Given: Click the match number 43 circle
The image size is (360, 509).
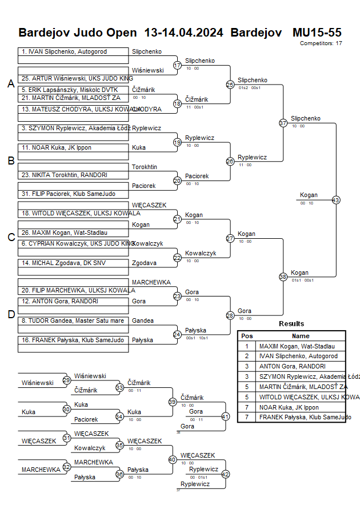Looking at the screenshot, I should click(335, 200).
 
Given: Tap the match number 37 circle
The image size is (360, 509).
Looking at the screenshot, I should click(283, 123).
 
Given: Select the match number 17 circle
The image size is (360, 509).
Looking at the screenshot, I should click(177, 65).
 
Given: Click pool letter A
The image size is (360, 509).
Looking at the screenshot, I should click(11, 84).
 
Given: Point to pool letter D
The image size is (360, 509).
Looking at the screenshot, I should click(11, 314).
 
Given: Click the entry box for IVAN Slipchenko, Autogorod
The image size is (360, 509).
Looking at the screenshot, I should click(73, 51).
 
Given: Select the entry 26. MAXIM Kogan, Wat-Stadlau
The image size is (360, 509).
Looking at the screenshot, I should click(73, 233).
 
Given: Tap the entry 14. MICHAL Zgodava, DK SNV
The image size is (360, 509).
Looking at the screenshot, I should click(73, 263).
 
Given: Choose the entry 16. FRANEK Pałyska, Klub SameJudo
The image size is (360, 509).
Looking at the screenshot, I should click(73, 340).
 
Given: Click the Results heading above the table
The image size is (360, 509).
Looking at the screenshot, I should click(291, 324).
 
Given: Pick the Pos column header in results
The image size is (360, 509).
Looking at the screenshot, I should click(247, 336).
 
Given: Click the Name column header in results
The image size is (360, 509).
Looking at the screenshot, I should click(301, 336).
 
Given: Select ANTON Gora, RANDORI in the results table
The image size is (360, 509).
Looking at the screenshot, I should click(292, 366).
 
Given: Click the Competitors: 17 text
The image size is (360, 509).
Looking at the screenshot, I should click(321, 43).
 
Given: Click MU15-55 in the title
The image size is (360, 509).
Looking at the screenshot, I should click(317, 32).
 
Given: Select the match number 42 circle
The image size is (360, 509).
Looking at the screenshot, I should click(225, 474).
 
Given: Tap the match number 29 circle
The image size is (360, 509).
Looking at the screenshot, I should click(67, 380).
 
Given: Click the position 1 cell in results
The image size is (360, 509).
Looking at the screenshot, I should click(247, 346).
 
